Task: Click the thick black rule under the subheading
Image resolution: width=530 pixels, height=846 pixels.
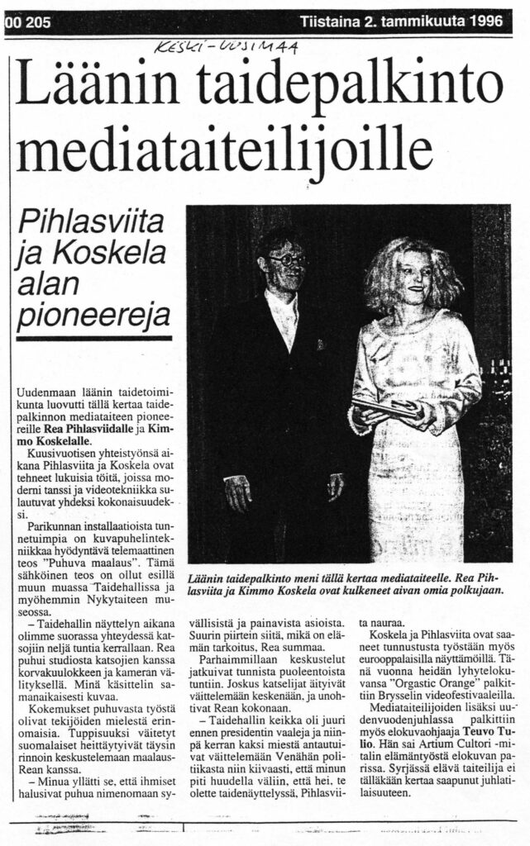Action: tap(93, 338)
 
